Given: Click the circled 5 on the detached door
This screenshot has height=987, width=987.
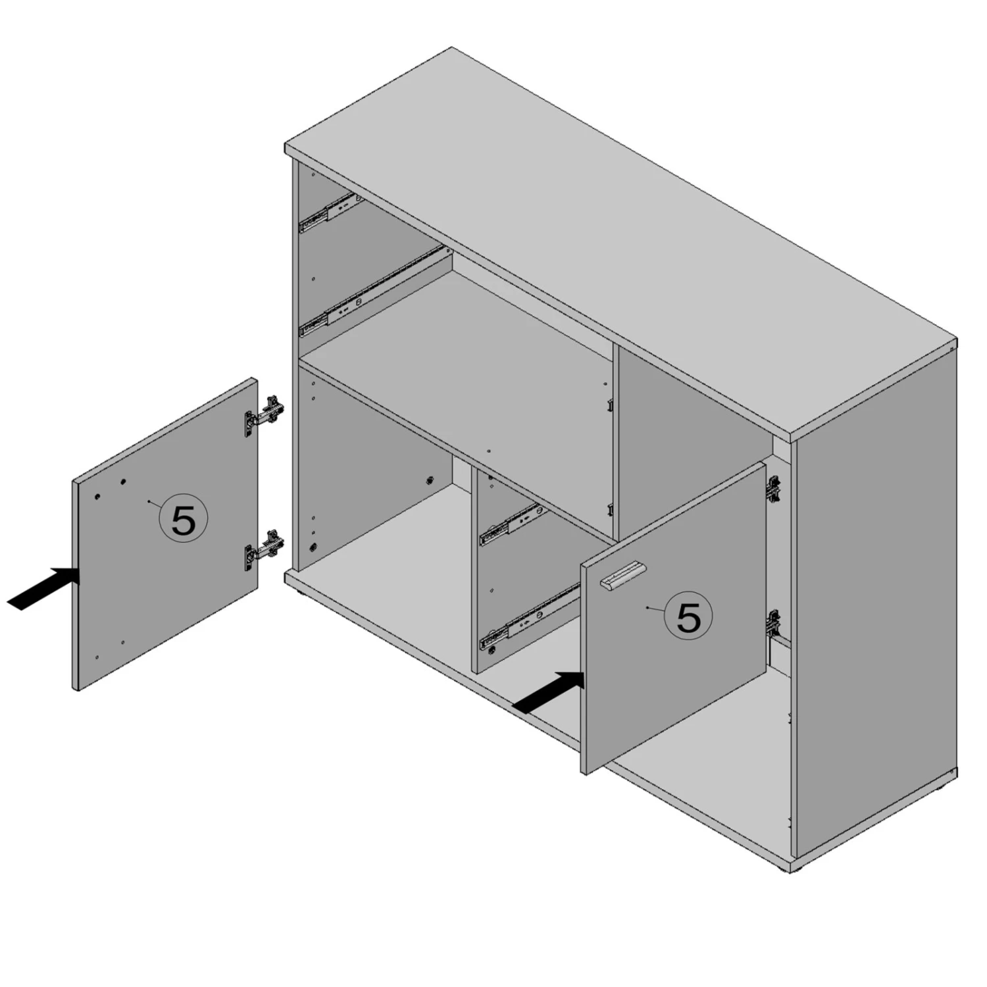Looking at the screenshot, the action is click(x=184, y=519).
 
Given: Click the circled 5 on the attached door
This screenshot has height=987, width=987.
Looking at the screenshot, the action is click(x=688, y=616).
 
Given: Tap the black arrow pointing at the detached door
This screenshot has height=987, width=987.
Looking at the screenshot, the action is click(x=43, y=588).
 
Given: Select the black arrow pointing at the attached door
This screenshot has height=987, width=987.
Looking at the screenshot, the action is click(x=548, y=692).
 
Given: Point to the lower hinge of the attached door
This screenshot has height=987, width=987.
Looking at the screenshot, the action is click(x=774, y=623).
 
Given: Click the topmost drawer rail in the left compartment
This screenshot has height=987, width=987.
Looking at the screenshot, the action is click(x=330, y=213).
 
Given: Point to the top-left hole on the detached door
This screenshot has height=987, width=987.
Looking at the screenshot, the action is click(x=97, y=495).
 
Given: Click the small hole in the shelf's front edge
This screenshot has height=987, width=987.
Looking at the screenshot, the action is click(x=488, y=452).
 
